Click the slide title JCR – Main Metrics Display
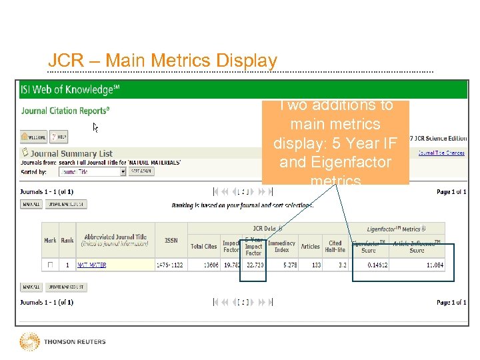point(163,61)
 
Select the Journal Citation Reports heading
point(65,111)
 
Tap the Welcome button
point(34,137)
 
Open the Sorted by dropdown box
point(92,171)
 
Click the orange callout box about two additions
point(335,142)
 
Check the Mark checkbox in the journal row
point(50,265)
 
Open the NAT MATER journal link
point(92,265)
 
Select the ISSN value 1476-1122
point(171,265)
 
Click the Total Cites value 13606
point(203,265)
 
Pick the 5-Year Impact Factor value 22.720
point(254,265)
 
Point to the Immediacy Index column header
point(281,247)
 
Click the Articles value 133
point(311,265)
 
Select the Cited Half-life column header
point(335,247)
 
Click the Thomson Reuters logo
point(63,341)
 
